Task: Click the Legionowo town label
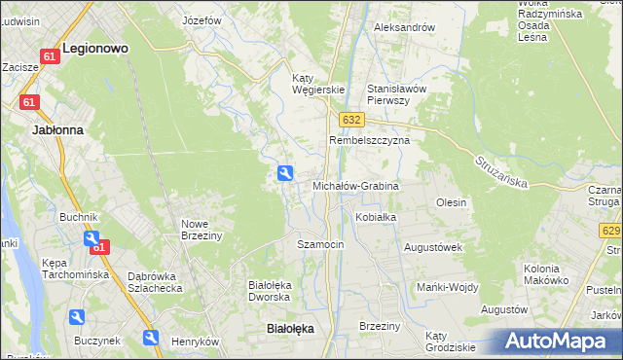click(95, 47)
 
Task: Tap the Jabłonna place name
click(57, 128)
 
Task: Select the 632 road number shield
click(351, 119)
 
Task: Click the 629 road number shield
click(610, 231)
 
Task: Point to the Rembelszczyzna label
click(369, 140)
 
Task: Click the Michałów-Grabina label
click(355, 185)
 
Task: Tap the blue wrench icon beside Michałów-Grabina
click(285, 173)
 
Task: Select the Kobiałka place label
click(376, 217)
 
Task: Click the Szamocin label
click(320, 244)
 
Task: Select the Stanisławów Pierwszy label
click(396, 93)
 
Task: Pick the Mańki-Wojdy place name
click(445, 287)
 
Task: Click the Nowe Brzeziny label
click(202, 230)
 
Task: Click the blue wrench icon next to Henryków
click(152, 338)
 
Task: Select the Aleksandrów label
click(404, 28)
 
